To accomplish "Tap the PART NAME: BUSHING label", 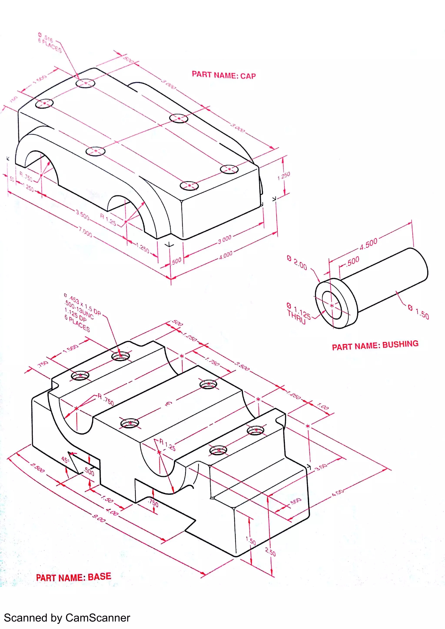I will (x=375, y=345).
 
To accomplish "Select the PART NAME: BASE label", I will (x=73, y=577).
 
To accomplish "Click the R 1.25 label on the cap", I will (x=108, y=219).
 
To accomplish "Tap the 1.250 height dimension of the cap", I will (x=284, y=176).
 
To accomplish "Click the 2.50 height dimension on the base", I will (x=270, y=552).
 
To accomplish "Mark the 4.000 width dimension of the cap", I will (x=225, y=255).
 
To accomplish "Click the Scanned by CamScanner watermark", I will (x=67, y=618).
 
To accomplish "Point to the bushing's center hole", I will (x=332, y=305).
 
